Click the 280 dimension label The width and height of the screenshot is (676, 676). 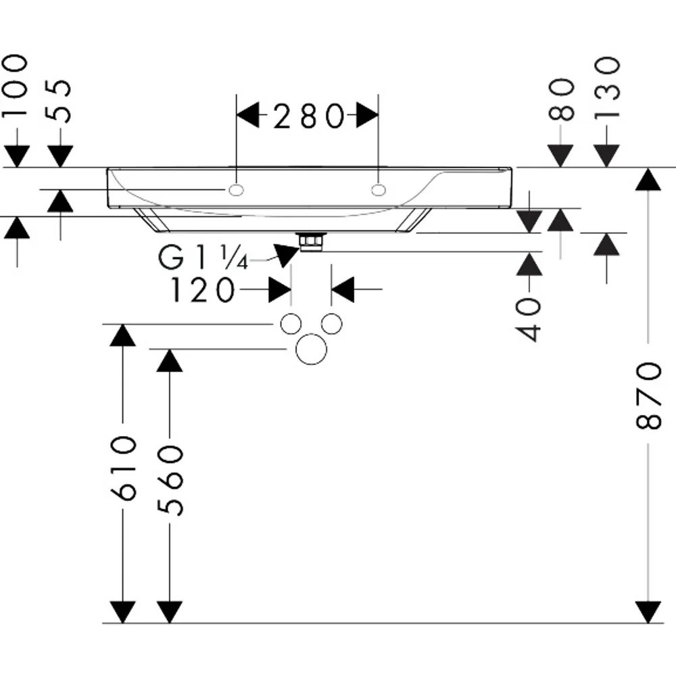(x=309, y=116)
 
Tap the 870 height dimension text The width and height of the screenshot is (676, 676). (x=648, y=396)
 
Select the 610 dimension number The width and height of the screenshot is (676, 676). (x=123, y=468)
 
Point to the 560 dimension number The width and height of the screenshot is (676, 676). (x=170, y=481)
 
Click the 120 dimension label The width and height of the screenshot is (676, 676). (x=203, y=290)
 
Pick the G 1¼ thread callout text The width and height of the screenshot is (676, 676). (x=203, y=258)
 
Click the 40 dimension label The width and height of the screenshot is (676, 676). (x=529, y=320)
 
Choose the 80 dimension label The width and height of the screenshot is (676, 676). (x=561, y=99)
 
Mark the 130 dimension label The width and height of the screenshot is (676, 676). (x=606, y=88)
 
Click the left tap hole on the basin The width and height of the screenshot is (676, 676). (x=236, y=190)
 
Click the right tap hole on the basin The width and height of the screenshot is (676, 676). (x=379, y=190)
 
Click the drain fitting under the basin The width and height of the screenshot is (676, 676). (x=311, y=241)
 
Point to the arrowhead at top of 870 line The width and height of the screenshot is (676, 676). (x=648, y=179)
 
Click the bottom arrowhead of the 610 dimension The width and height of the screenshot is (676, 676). (x=123, y=612)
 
